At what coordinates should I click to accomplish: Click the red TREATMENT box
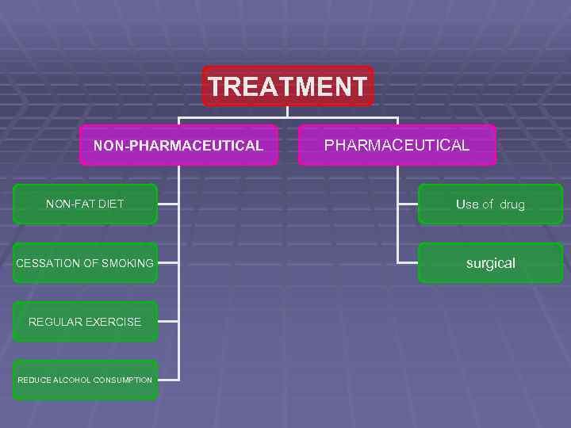point(287,86)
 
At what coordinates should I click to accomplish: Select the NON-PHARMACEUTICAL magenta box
point(178,145)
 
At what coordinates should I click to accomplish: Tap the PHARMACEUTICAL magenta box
point(397,145)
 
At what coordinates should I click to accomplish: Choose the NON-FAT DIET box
point(85,204)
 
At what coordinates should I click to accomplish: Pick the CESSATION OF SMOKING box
point(85,263)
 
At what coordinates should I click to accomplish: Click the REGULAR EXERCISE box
point(85,322)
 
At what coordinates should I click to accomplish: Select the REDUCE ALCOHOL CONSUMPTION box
point(85,380)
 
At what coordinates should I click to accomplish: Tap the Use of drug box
point(490,204)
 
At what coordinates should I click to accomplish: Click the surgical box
point(490,263)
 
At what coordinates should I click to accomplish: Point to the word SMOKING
point(128,263)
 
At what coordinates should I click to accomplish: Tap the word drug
point(512,204)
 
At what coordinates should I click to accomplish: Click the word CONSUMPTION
point(122,380)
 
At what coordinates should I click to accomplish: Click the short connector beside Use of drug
point(408,204)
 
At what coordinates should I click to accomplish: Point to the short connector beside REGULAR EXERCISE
point(168,322)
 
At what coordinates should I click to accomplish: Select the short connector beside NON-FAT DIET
point(168,204)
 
